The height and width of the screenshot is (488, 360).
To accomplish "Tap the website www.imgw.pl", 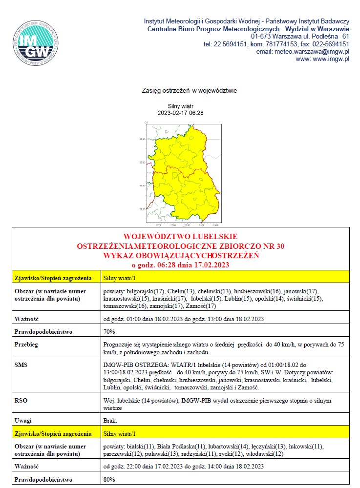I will point(331,59).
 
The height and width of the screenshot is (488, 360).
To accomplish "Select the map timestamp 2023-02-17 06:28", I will point(180,113).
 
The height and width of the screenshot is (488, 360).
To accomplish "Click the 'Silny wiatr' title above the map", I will point(181,105).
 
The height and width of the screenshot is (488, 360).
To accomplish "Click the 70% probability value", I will point(109,332).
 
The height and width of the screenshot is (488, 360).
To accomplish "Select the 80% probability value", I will point(109,480).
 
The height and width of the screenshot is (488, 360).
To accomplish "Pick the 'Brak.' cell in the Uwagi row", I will point(110,420).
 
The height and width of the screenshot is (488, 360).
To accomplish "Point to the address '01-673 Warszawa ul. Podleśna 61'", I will point(300,37).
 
